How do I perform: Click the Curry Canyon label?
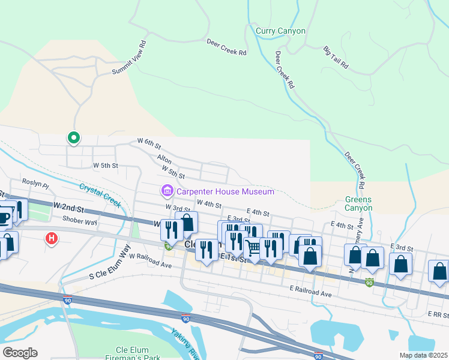click(x=280, y=31)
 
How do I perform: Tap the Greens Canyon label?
click(x=358, y=204)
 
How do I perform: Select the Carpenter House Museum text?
click(x=225, y=191)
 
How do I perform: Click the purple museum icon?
click(x=166, y=191)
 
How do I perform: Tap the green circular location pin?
click(x=73, y=138)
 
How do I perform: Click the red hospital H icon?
click(x=52, y=239)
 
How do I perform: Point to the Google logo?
click(x=20, y=352)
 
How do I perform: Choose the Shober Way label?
click(x=82, y=222)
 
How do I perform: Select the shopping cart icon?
click(x=253, y=247)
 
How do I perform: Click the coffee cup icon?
click(x=4, y=217)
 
